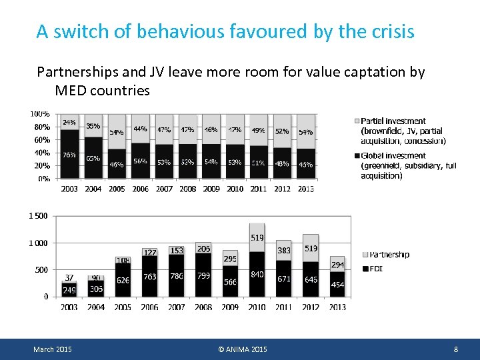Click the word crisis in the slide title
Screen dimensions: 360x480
point(388,31)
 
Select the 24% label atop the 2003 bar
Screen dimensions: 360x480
point(69,123)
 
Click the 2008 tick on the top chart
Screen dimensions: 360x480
point(187,189)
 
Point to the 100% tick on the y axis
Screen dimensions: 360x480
point(40,114)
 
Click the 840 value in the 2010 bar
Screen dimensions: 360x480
point(257,275)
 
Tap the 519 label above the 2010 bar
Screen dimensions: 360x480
point(257,237)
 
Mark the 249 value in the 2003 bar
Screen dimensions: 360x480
point(69,290)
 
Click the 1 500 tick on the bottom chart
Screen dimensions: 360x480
point(37,216)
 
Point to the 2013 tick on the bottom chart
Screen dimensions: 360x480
point(337,307)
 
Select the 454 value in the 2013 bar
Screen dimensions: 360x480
point(337,285)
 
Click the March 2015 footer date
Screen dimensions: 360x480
point(53,349)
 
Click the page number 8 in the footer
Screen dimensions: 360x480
point(455,349)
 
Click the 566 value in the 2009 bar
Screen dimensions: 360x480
point(230,282)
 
